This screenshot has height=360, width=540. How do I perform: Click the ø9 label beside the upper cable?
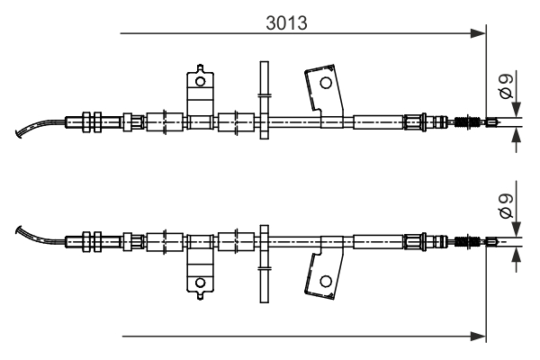tap(507, 86)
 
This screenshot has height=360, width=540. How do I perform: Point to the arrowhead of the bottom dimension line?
tap(478, 337)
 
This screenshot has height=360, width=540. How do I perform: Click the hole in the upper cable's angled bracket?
tap(325, 83)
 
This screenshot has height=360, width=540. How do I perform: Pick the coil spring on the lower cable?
tap(468, 240)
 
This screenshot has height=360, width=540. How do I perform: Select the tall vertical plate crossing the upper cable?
tap(264, 99)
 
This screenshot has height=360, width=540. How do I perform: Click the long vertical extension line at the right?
tap(486, 180)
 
